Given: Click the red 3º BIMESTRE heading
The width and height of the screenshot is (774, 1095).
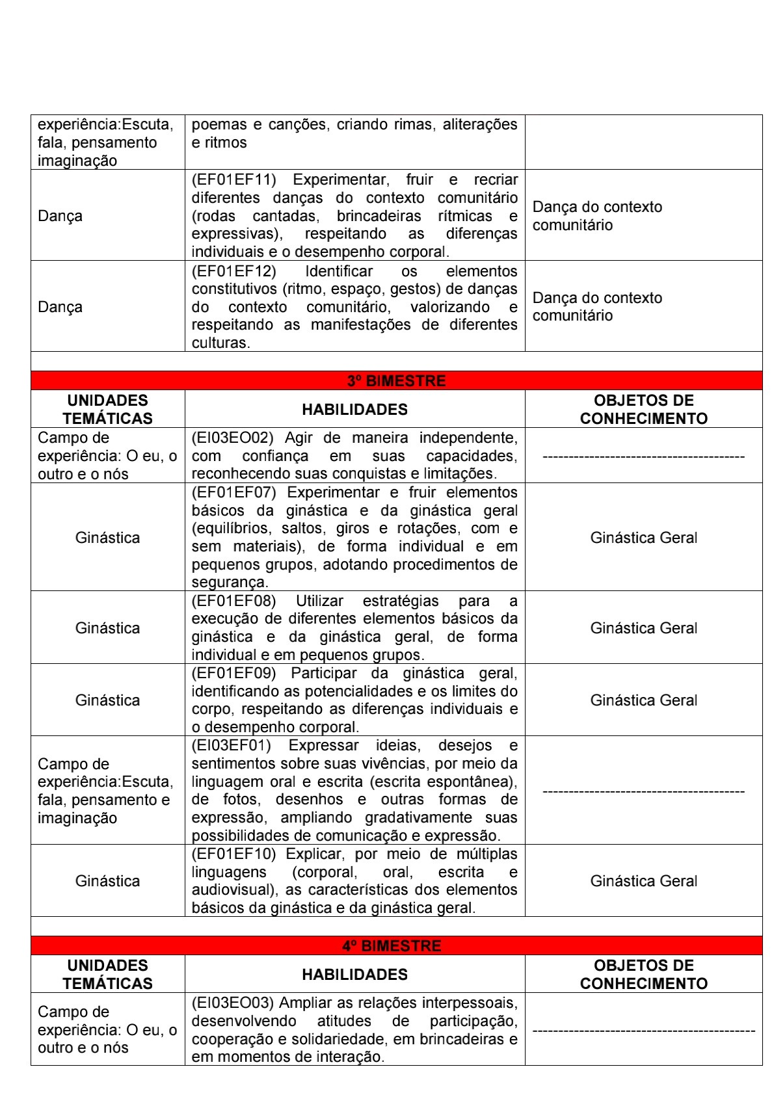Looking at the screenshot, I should tap(396, 380).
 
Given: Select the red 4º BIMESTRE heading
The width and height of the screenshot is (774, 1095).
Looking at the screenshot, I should tap(392, 945).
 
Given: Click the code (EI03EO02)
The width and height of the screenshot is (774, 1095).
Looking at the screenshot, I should tap(232, 438).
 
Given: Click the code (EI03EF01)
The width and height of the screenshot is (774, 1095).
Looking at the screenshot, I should tap(232, 745).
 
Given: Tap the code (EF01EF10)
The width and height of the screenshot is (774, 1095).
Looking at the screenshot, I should tap(234, 854).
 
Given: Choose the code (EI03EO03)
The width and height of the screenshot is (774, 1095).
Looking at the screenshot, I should tap(232, 1003).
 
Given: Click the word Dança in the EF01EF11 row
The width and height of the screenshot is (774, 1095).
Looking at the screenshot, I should tap(60, 216).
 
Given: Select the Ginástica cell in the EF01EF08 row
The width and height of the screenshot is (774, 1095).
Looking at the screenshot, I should tap(107, 628).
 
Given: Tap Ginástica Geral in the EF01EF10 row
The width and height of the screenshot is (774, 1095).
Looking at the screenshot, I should tap(643, 881).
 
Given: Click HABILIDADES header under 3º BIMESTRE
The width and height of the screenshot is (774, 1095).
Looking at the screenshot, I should tap(354, 410).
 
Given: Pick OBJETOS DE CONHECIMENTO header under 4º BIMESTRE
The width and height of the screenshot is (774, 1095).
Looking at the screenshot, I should tap(643, 974).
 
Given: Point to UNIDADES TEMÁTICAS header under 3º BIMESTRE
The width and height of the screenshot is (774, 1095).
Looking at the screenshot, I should tap(107, 410).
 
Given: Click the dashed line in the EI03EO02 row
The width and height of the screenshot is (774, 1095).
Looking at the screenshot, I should tap(643, 456).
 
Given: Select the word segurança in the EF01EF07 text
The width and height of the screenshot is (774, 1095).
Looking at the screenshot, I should tap(229, 583).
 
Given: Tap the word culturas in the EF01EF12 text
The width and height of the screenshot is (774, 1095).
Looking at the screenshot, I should tap(220, 343).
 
